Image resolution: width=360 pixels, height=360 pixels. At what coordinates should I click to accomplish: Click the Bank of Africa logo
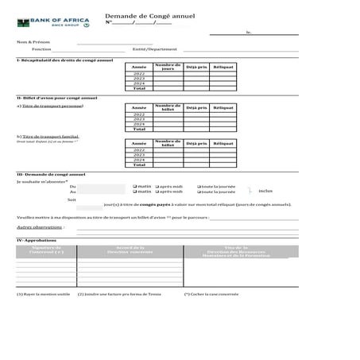click(x=53, y=18)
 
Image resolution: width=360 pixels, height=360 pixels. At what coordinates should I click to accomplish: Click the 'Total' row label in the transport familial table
click(x=139, y=165)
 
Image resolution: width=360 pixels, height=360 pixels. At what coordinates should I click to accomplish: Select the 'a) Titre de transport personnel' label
click(x=50, y=106)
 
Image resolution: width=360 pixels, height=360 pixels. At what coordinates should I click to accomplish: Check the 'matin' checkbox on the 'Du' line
click(x=135, y=185)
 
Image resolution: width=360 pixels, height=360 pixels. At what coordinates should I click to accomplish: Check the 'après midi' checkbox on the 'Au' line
click(x=157, y=192)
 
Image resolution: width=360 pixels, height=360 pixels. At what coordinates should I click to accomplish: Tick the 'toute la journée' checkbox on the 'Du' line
click(x=199, y=185)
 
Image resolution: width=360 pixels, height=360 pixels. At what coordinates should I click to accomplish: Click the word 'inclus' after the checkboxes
click(x=265, y=192)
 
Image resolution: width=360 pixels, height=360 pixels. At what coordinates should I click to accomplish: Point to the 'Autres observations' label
click(x=34, y=227)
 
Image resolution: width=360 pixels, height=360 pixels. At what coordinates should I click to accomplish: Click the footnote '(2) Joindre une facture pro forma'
click(x=119, y=293)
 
